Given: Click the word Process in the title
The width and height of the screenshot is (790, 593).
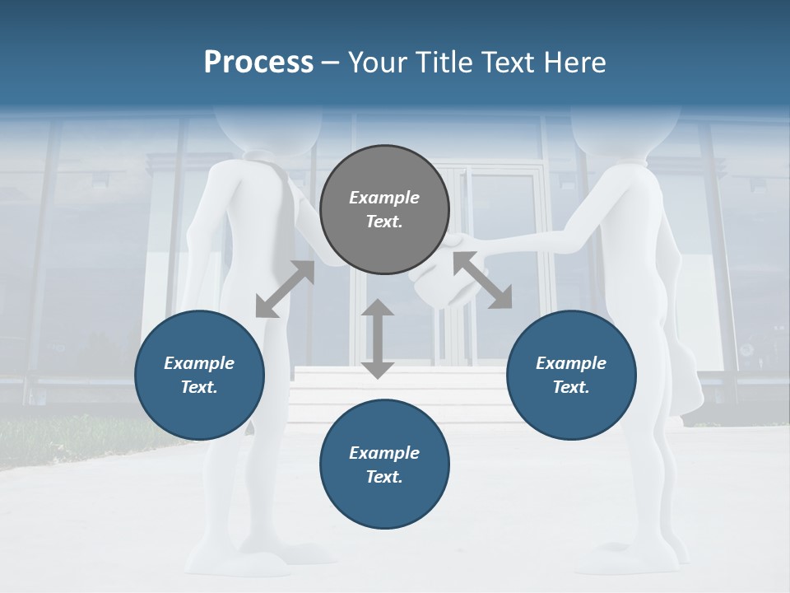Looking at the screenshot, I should (258, 63).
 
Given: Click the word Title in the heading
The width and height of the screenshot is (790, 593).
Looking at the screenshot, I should (444, 63).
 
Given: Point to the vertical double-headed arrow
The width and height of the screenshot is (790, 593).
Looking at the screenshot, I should (378, 339).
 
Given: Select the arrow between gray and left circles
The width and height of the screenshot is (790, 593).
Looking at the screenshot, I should (285, 289).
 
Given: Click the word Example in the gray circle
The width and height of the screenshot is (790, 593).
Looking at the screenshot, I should (384, 198).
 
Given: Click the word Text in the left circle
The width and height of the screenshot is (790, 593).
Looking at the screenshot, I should (199, 387).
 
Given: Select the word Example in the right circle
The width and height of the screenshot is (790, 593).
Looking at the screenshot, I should (571, 363).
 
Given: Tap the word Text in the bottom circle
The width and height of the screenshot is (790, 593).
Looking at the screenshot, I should (384, 477).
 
